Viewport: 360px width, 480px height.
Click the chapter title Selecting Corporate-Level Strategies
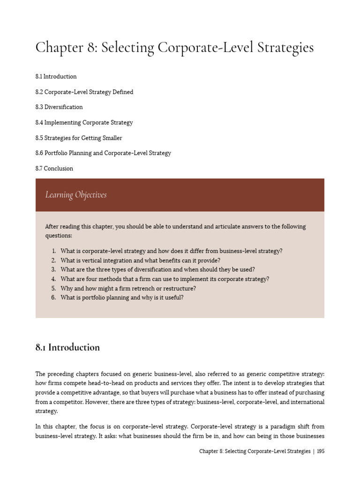click(174, 48)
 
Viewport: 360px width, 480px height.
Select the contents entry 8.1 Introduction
click(56, 76)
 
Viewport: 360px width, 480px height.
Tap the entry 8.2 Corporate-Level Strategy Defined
click(84, 92)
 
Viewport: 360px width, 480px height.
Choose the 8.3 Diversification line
click(59, 107)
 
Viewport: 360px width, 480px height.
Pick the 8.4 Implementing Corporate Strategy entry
click(84, 123)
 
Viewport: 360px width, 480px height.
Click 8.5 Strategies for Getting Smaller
click(79, 138)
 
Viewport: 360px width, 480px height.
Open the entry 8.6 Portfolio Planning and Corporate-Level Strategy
click(103, 153)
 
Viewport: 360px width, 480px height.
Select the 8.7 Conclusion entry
click(54, 169)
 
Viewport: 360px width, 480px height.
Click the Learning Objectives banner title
click(76, 195)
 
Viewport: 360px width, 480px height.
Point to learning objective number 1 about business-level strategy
click(171, 251)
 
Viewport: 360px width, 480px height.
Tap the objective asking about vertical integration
click(140, 261)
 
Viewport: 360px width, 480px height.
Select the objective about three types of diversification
click(157, 270)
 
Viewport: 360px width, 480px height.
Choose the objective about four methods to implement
click(165, 279)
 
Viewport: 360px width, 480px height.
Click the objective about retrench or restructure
click(128, 288)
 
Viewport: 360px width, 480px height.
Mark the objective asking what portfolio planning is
click(122, 298)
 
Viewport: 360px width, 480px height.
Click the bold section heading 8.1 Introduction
click(67, 347)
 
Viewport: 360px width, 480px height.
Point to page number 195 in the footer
click(321, 451)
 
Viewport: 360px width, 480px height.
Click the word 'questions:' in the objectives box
click(59, 236)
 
